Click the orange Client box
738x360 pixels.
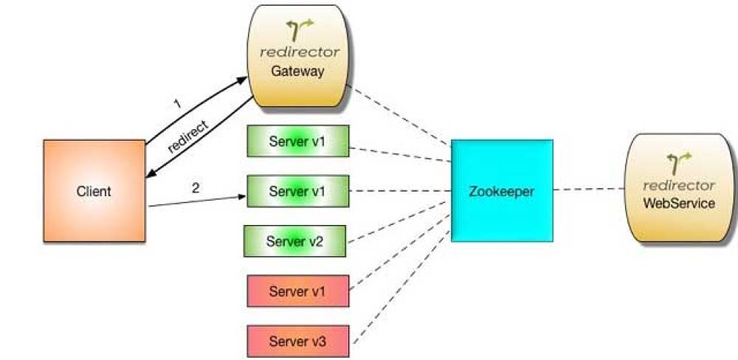pos(94,191)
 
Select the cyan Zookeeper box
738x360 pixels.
pos(502,190)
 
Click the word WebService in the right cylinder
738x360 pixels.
pos(678,203)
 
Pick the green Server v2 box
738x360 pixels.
pos(295,241)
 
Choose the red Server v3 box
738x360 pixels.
pos(297,342)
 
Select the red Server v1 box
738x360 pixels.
pos(297,291)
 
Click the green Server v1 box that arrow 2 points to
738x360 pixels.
pos(297,191)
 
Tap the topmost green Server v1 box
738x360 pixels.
pos(297,141)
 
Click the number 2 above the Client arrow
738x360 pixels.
pos(195,187)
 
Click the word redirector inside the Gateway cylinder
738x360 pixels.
pos(300,52)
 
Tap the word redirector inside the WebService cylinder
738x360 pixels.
pos(679,184)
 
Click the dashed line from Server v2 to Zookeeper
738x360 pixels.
pos(399,217)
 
